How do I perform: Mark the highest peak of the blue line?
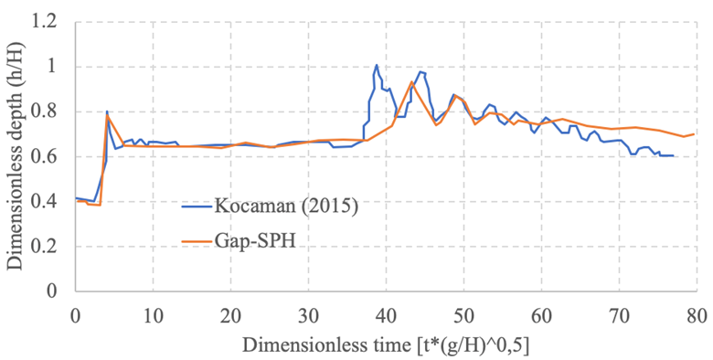click(x=377, y=65)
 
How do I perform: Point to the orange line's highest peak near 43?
click(x=412, y=81)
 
